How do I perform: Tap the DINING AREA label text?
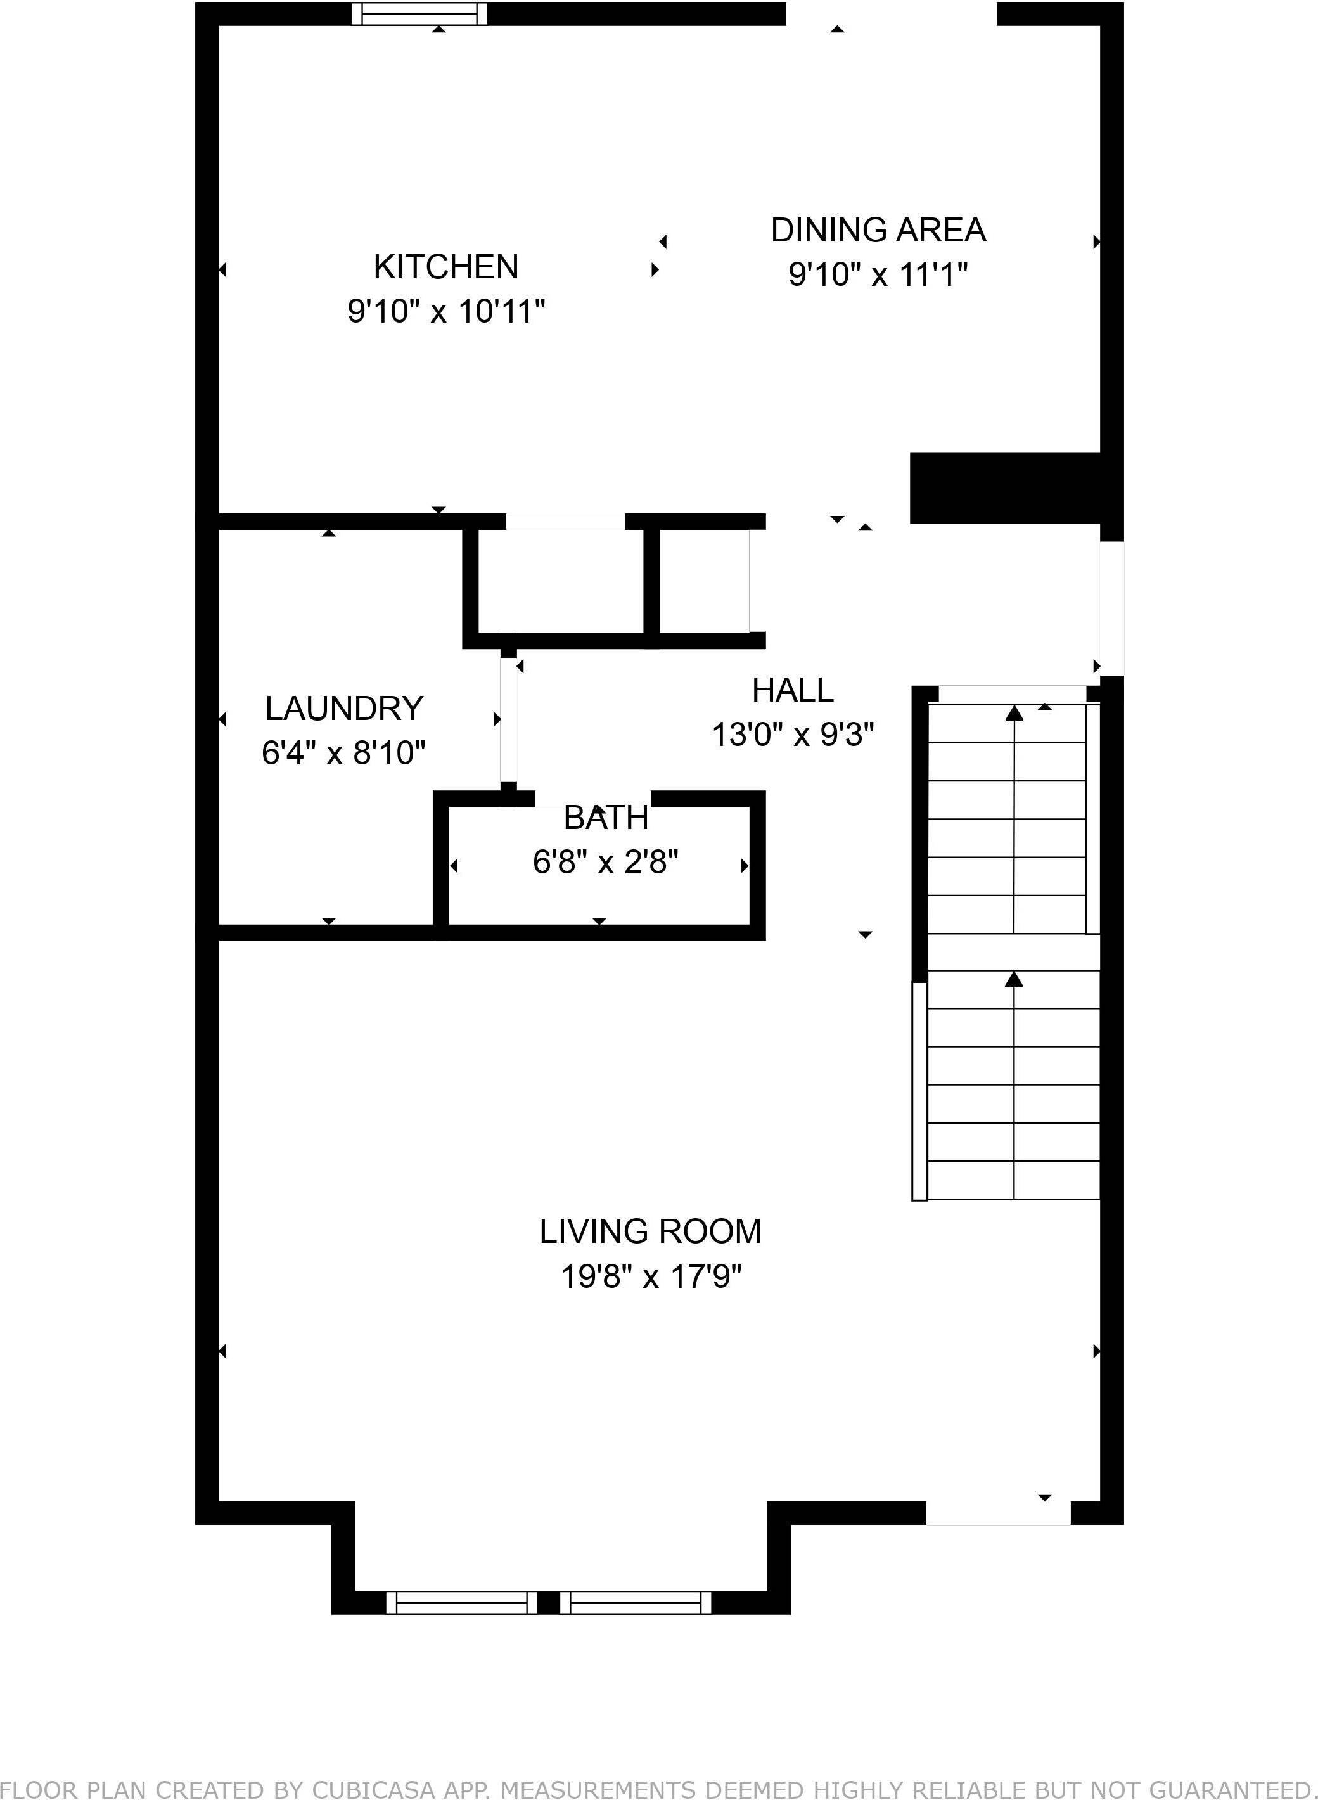tap(878, 230)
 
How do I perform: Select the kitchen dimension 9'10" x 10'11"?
tap(446, 311)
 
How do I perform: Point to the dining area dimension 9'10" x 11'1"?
tap(878, 274)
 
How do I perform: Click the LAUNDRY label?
tap(344, 708)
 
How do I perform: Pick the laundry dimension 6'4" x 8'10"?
tap(344, 752)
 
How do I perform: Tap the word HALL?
tap(792, 690)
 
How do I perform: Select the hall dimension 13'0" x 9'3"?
tap(792, 735)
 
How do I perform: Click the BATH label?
tap(606, 818)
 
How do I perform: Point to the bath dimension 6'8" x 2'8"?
tap(606, 862)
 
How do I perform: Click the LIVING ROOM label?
tap(650, 1231)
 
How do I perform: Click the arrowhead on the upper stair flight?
tap(1014, 713)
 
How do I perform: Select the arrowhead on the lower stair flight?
tap(1014, 979)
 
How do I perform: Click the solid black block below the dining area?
tap(1005, 487)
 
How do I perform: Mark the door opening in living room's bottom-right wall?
tap(997, 1513)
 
